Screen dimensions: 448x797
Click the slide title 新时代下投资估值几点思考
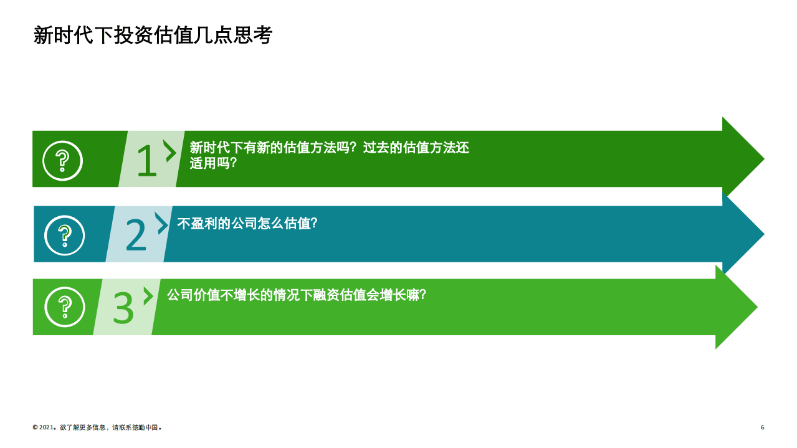coord(153,36)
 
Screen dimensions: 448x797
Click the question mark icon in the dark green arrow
coord(62,161)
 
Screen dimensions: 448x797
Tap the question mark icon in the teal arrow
coord(64,235)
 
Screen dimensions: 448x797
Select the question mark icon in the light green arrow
coord(64,307)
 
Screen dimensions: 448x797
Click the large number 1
coord(146,161)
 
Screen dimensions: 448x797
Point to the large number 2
coord(136,235)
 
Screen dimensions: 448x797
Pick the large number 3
coord(123,307)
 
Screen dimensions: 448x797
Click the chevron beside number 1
coord(169,150)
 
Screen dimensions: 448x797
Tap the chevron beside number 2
coord(162,223)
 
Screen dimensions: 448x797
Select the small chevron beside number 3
coord(148,296)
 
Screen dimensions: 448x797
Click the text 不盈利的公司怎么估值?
coord(247,223)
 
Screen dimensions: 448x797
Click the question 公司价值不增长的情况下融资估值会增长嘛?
coord(296,295)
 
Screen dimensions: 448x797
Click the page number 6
coord(762,427)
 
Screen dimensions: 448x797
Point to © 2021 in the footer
coord(44,428)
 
